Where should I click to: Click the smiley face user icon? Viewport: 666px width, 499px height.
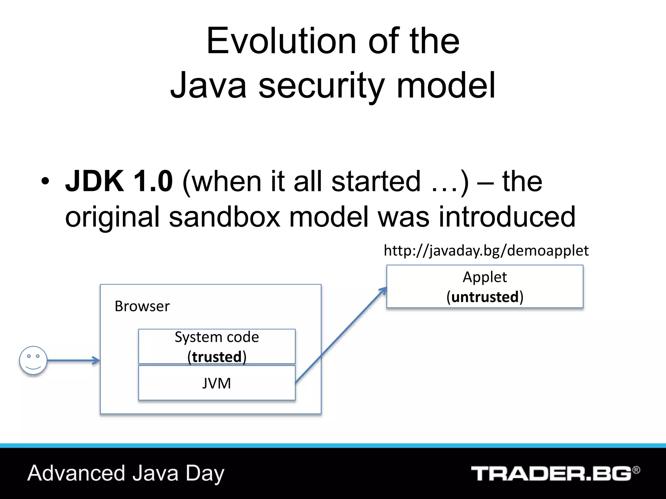pyautogui.click(x=33, y=360)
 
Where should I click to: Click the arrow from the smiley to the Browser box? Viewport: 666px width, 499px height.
pyautogui.click(x=73, y=360)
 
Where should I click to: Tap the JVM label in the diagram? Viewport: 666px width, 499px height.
pyautogui.click(x=217, y=383)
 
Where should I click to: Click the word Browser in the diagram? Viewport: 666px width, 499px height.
pyautogui.click(x=142, y=306)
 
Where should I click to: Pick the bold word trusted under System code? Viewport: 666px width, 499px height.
pyautogui.click(x=217, y=357)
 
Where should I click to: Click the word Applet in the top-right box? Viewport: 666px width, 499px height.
pyautogui.click(x=485, y=277)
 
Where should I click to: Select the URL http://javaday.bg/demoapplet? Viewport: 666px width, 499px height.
pyautogui.click(x=486, y=250)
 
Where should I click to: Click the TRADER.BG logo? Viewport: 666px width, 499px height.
pyautogui.click(x=551, y=474)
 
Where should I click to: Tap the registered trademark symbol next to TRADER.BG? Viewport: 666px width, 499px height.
pyautogui.click(x=636, y=470)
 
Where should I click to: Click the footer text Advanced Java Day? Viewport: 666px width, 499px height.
pyautogui.click(x=126, y=473)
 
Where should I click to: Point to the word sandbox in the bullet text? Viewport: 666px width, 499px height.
pyautogui.click(x=224, y=217)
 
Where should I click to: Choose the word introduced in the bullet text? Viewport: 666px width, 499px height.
pyautogui.click(x=507, y=217)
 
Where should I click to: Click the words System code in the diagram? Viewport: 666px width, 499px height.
pyautogui.click(x=217, y=337)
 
